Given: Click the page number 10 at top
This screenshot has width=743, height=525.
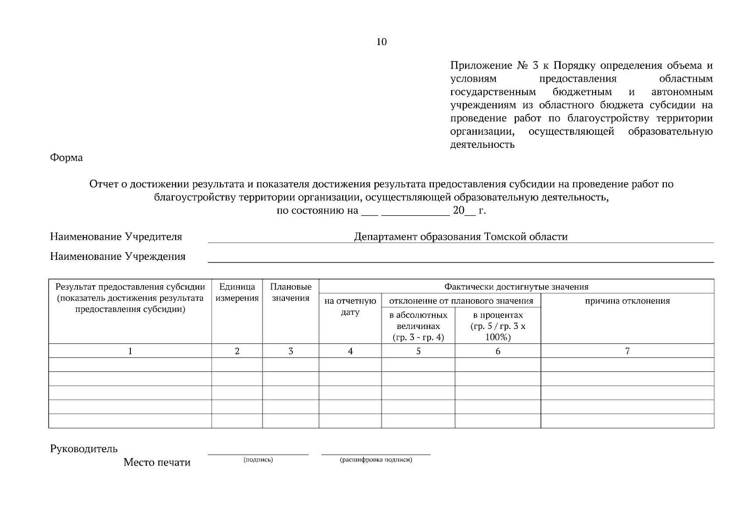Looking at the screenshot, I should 381,42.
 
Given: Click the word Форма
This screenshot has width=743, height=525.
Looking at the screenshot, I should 66,158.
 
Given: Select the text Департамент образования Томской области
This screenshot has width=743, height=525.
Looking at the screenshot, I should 461,237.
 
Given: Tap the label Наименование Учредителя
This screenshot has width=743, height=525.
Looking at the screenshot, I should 116,237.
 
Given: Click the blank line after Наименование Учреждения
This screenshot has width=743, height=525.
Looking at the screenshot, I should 460,258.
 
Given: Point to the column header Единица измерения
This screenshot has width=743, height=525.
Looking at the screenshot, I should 237,293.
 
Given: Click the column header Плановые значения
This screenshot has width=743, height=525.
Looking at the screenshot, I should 291,293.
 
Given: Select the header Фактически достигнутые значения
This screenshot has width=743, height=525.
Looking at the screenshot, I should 516,287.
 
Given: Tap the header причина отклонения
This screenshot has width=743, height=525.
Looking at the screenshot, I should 627,301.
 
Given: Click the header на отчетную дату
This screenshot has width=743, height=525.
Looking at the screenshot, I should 350,306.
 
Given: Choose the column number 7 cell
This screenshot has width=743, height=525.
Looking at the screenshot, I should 627,351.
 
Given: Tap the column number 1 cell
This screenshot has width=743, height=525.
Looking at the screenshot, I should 130,351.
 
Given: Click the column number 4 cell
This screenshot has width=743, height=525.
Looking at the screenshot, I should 350,351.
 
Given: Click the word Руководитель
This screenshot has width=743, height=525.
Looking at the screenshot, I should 84,449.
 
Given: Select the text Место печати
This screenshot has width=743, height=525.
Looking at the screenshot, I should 157,462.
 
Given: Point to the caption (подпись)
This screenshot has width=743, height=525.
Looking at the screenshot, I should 258,460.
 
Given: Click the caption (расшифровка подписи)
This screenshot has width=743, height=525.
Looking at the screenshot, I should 376,460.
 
